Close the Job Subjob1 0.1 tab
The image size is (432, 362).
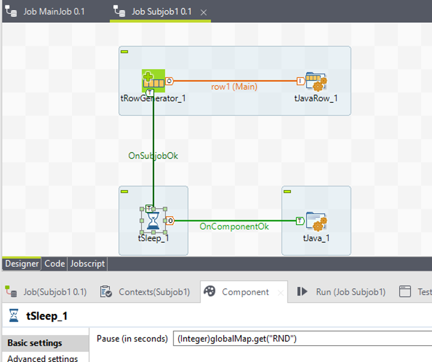tap(203, 12)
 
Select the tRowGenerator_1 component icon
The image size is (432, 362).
tap(154, 81)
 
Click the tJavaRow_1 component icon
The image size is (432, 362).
tap(315, 81)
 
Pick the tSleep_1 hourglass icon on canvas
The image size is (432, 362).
tap(154, 221)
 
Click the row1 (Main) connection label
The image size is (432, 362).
tap(234, 86)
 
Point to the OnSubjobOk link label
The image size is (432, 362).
tap(153, 155)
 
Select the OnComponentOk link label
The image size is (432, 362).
tap(234, 226)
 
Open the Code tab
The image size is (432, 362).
tap(55, 264)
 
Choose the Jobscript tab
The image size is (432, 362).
tap(88, 264)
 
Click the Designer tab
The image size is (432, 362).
tap(22, 264)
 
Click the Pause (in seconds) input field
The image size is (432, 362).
tap(300, 339)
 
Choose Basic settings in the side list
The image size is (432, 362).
tap(35, 343)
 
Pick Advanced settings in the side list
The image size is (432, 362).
tap(42, 358)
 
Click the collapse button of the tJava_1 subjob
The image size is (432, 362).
tap(287, 191)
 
